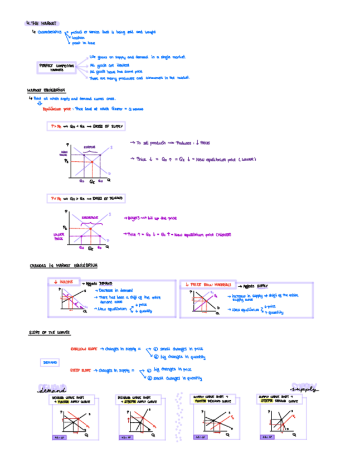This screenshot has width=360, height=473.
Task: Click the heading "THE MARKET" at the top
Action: coord(43,23)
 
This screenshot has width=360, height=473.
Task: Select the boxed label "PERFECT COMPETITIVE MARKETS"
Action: coord(57,67)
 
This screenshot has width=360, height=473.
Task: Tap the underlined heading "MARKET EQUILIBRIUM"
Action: coord(46,90)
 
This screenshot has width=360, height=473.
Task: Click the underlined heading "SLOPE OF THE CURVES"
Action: coord(50,332)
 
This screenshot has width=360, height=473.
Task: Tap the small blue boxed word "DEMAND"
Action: coord(50,362)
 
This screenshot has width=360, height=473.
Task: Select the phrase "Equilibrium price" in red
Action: coord(58,109)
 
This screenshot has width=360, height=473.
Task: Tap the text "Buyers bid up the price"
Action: coord(148,218)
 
